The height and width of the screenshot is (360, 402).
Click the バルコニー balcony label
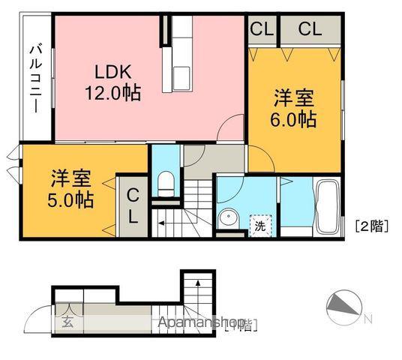pos(34,77)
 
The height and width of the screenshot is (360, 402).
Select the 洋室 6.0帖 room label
pos(293,109)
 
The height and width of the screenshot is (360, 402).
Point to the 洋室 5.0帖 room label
pos(72,190)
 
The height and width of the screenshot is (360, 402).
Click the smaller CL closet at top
pos(261,30)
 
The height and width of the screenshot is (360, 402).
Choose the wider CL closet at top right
pos(309,30)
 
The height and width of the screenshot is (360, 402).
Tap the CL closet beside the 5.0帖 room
pos(132,205)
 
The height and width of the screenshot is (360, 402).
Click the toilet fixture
pos(166,181)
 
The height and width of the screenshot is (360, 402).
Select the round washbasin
pos(228,218)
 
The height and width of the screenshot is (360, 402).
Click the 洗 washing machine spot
pos(259,222)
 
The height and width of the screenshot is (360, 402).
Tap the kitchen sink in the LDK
pos(183,76)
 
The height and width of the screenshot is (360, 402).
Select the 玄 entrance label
pos(66,324)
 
